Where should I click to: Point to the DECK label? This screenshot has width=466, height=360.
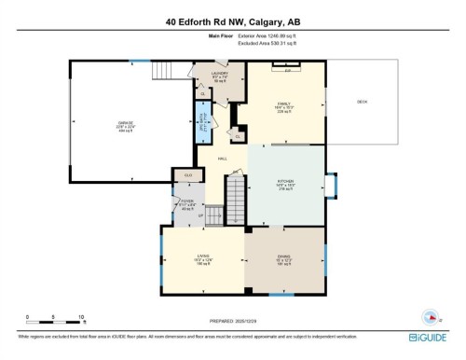coord(362,104)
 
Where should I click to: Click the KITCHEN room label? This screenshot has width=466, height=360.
coord(286,182)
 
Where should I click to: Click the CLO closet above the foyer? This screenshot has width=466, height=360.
coord(188,174)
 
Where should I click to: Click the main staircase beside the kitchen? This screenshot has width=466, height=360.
coord(239,199)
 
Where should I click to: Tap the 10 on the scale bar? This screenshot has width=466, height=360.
coord(82,317)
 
